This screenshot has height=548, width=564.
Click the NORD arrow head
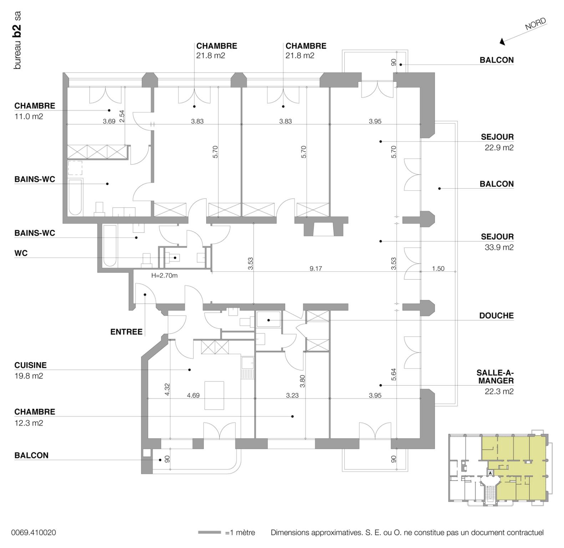[503, 42]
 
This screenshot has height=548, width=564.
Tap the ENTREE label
[126, 332]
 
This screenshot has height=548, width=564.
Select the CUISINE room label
[30, 365]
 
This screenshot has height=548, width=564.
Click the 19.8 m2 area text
[29, 376]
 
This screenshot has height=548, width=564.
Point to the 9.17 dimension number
[316, 269]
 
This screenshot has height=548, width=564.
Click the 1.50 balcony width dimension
[438, 269]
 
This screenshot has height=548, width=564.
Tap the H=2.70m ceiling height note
[164, 275]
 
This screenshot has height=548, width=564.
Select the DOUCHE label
[496, 316]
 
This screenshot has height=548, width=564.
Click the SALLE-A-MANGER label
[495, 377]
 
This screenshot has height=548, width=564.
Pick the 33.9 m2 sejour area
[499, 247]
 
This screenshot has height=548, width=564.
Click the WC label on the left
[21, 253]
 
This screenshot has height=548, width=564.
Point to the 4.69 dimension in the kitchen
[193, 395]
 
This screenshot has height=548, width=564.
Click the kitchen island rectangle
[214, 395]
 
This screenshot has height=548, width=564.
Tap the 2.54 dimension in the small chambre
[122, 116]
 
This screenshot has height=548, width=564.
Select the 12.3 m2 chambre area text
[29, 423]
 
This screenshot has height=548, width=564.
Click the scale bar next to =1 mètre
[209, 533]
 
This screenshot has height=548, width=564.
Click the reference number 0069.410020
[34, 533]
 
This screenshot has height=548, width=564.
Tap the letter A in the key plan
[490, 473]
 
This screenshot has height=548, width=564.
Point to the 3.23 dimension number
[292, 395]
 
